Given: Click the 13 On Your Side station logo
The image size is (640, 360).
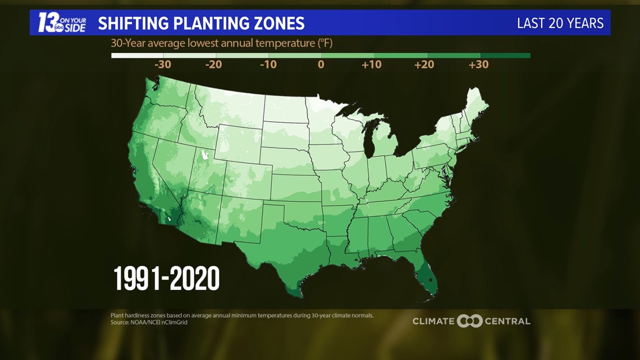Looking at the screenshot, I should tap(62, 23).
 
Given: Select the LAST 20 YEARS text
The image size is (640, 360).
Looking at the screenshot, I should tap(560, 23).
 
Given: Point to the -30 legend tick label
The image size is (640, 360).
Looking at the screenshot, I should tap(162, 65).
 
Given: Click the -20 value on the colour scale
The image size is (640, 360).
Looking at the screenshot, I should tap(213, 65).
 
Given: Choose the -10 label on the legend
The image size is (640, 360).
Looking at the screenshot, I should tap(268, 65).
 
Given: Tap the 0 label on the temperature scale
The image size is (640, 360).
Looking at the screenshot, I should tap(321, 65).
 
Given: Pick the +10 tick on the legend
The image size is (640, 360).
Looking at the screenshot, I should tap(371, 65).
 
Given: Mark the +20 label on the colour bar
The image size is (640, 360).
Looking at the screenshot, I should tap(424, 65).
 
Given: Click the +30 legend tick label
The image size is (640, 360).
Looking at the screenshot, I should tap(478, 65).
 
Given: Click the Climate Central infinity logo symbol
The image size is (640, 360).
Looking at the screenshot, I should tap(470, 321).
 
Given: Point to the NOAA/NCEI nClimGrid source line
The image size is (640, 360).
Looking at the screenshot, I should tap(149, 322).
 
